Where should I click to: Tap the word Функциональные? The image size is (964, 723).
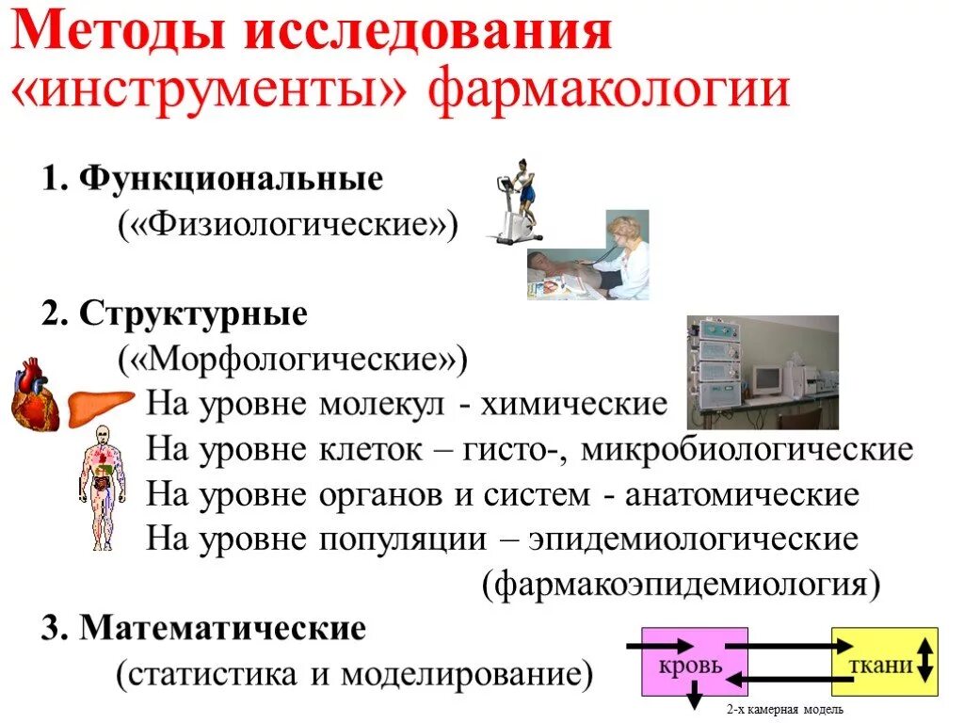pos(231,179)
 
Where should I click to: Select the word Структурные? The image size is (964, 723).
pos(194,313)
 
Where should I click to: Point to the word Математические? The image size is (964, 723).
pos(222,628)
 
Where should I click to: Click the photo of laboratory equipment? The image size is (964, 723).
pos(762,372)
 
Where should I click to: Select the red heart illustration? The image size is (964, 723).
pos(36,394)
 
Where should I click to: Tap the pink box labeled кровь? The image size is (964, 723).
pos(695,662)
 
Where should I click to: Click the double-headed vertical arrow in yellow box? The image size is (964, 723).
pos(924,660)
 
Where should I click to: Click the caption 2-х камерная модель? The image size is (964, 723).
pos(785,709)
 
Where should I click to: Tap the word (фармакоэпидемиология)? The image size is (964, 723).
pos(682,585)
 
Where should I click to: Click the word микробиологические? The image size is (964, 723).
pos(747,450)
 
